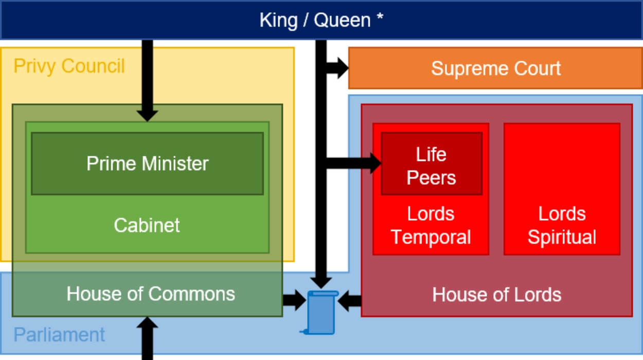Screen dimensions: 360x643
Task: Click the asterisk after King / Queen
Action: pos(380,18)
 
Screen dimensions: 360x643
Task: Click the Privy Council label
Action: pos(69,66)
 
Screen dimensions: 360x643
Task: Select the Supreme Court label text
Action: pos(495,68)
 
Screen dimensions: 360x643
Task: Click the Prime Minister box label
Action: pos(147,164)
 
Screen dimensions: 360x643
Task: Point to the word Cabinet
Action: pos(147,225)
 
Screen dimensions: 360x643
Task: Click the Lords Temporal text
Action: pos(431,226)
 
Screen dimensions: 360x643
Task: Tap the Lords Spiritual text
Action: pos(562,226)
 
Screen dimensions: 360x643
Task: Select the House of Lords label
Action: pos(496,295)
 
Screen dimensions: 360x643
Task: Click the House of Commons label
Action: pos(151,294)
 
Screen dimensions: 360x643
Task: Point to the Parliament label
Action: pos(59,335)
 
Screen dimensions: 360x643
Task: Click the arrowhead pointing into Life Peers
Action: pos(374,164)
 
